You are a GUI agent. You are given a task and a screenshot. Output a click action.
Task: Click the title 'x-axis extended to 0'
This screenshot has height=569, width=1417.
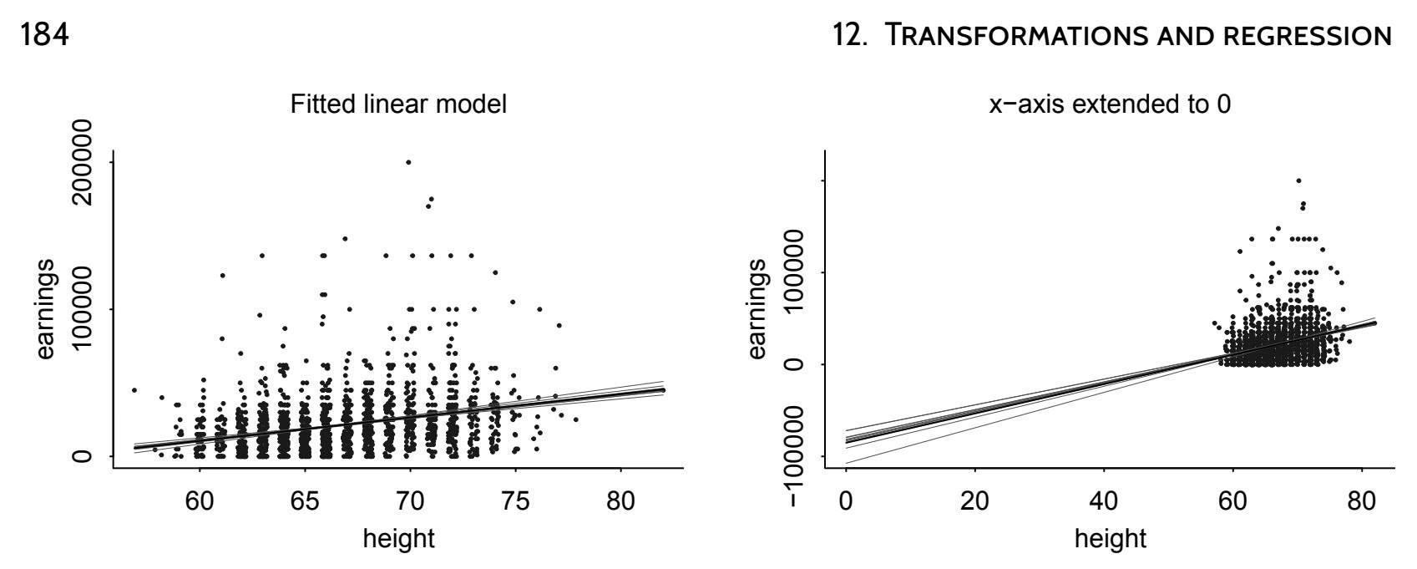[x=1109, y=105]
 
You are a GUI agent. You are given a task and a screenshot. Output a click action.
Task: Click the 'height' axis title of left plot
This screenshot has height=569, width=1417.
[x=398, y=538]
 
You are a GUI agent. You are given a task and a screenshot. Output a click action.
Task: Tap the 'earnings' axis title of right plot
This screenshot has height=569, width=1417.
[x=757, y=308]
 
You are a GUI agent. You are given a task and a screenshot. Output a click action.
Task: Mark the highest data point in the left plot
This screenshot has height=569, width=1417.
[x=408, y=162]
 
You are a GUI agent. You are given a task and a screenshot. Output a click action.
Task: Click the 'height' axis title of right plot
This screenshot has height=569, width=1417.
[x=1110, y=538]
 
